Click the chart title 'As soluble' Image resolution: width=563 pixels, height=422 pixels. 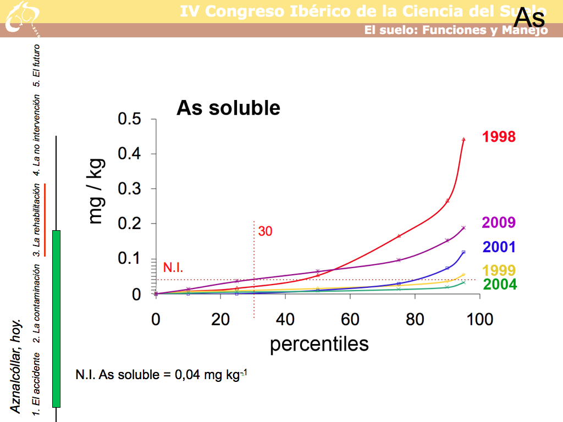[x=228, y=108]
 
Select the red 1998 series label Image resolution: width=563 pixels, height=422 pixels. [x=499, y=137]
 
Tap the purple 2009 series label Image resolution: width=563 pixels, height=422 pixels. [x=499, y=223]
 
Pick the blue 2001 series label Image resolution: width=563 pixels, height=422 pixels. [x=499, y=247]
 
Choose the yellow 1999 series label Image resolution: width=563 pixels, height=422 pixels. [x=499, y=270]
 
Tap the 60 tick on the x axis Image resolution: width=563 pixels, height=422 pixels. [x=350, y=320]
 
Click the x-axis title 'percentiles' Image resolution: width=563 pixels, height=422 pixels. [x=319, y=344]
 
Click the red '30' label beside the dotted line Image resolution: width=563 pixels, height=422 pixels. [x=265, y=231]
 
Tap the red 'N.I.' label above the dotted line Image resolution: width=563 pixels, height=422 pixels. [x=173, y=268]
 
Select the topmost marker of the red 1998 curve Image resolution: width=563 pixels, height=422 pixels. [x=463, y=140]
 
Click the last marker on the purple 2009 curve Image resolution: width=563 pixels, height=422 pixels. [x=463, y=227]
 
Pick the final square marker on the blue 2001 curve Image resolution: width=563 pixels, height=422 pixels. [x=463, y=252]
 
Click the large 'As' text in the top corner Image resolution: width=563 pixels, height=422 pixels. [x=529, y=18]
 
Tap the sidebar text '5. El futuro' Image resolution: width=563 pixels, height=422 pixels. [x=37, y=65]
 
